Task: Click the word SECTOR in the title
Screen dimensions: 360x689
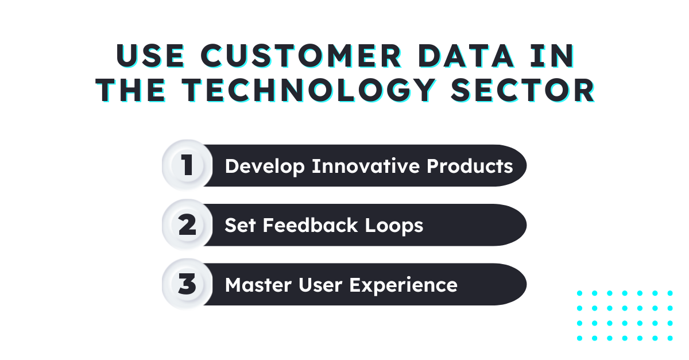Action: point(535,90)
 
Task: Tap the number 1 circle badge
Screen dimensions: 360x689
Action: point(186,165)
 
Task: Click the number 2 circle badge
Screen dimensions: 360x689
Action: point(186,225)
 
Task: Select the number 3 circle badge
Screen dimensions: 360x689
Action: point(186,284)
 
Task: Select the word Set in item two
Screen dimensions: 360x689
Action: point(240,225)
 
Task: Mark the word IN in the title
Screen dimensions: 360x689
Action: point(556,56)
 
